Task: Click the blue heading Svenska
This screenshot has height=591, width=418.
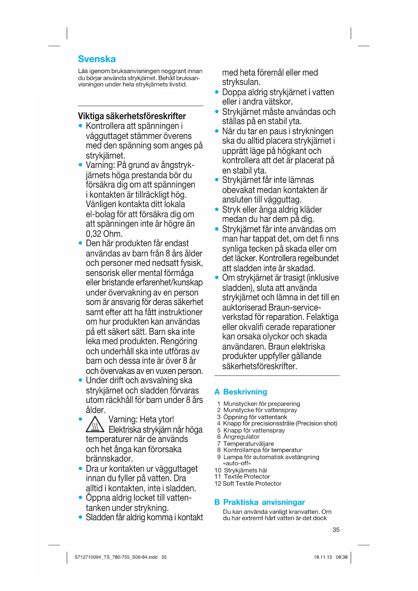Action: (x=97, y=59)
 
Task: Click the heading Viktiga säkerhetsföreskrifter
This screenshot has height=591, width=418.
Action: (x=132, y=116)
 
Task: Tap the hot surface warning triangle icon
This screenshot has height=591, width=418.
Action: (x=95, y=424)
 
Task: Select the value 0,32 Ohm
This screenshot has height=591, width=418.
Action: (x=104, y=234)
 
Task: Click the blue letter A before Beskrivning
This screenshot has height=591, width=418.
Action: (x=217, y=392)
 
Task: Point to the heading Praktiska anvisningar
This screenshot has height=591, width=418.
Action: (x=264, y=502)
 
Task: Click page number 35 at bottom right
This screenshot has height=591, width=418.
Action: (x=336, y=530)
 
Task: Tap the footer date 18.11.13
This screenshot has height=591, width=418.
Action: (x=323, y=557)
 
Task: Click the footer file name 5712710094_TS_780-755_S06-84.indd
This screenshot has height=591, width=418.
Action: (x=116, y=557)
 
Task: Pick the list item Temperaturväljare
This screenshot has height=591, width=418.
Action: (x=248, y=444)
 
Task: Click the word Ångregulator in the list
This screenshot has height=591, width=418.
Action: (x=241, y=437)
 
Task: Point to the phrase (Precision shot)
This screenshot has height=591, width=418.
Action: (x=316, y=424)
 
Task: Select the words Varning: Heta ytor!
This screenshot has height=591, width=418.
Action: (x=141, y=419)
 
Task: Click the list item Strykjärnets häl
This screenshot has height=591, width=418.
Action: (x=245, y=470)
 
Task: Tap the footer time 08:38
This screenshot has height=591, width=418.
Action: (x=342, y=557)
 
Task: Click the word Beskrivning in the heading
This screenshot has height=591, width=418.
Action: (x=245, y=392)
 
